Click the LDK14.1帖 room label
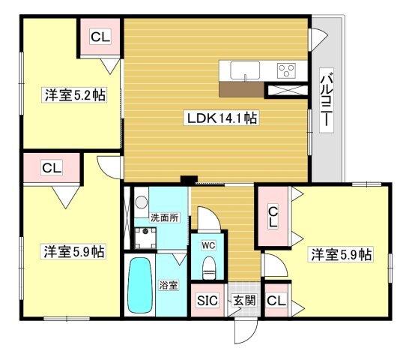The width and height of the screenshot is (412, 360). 218,118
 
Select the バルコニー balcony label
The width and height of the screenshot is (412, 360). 327,101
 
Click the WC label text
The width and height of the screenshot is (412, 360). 209,244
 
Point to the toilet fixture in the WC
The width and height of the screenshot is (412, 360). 209,267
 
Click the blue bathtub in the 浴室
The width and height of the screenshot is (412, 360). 140,285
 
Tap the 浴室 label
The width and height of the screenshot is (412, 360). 169,285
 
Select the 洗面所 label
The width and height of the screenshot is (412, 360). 165,217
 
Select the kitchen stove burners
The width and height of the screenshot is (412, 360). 286,71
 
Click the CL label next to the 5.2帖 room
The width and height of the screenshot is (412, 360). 99,37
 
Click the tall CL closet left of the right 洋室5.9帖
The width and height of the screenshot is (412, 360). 273,217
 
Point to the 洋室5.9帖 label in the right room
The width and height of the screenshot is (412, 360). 341,255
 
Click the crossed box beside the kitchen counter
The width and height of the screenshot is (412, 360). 288,90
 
